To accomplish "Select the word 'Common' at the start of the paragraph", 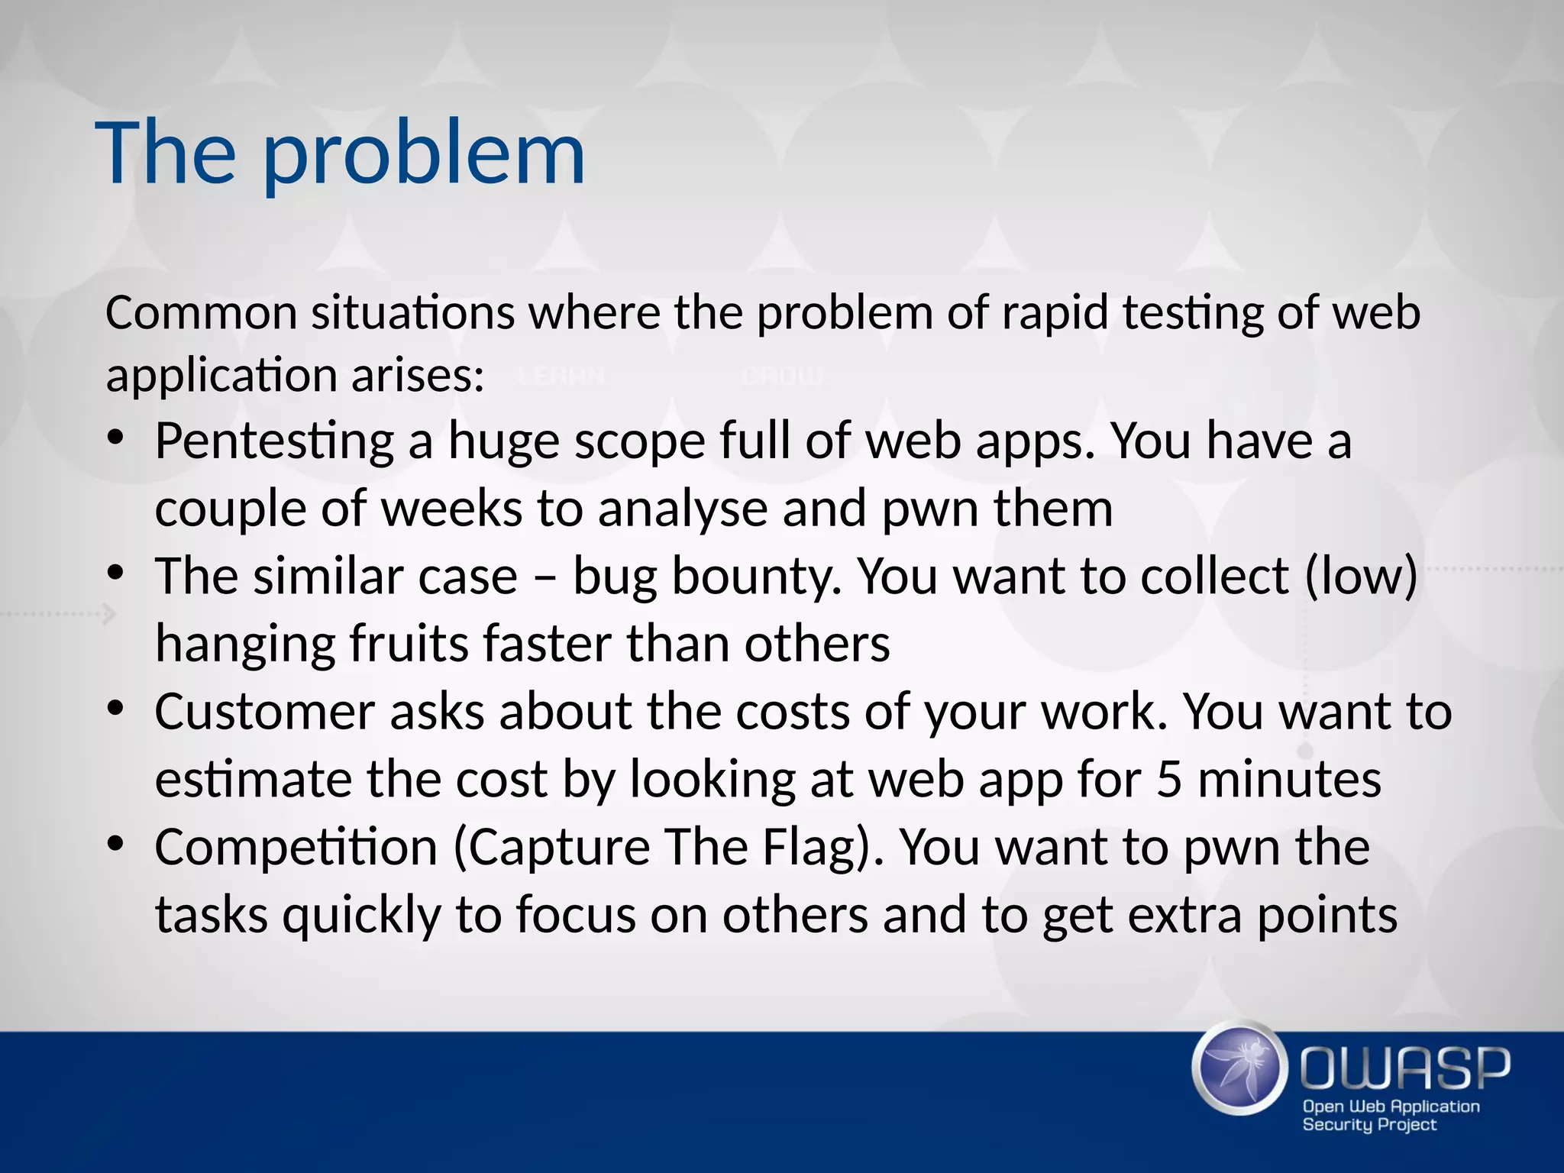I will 201,313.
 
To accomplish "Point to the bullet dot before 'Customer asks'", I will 115,709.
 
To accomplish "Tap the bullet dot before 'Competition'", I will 115,844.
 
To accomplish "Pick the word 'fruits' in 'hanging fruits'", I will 409,644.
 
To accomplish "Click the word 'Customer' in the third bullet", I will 264,712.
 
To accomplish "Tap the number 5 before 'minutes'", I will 1168,780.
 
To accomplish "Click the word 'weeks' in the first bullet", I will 451,509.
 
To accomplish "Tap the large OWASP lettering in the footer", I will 1404,1068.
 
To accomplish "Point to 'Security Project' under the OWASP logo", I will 1369,1125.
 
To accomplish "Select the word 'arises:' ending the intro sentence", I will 418,376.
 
